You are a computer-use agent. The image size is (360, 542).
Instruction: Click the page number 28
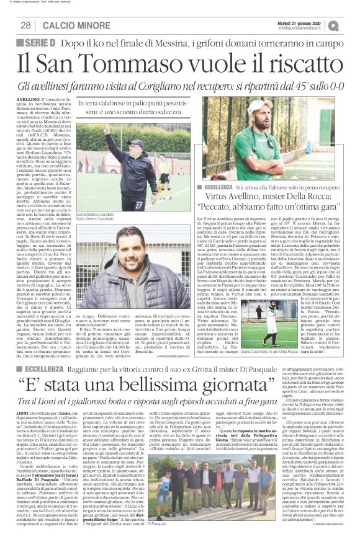pyautogui.click(x=26, y=25)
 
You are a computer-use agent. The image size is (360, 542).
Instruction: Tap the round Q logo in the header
pyautogui.click(x=351, y=24)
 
